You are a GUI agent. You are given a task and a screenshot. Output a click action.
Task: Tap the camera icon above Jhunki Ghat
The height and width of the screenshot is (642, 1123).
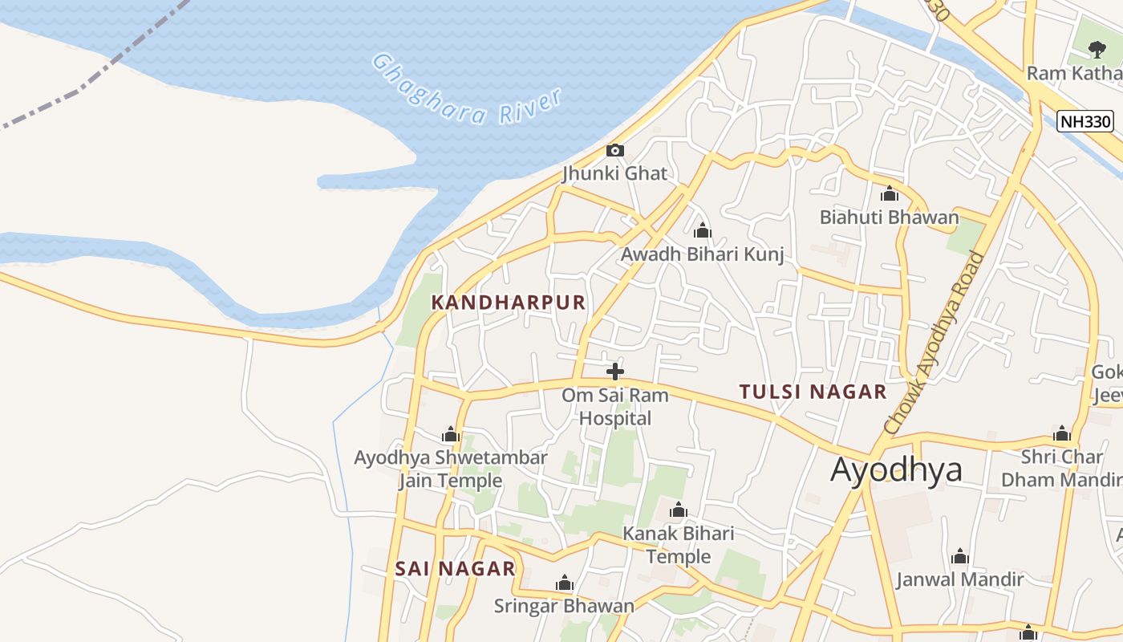pyautogui.click(x=615, y=150)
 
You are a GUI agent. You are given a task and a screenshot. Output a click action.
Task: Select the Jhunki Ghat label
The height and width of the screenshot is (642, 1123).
pyautogui.click(x=614, y=173)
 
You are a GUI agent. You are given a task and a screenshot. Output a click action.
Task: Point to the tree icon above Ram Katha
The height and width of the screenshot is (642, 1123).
pyautogui.click(x=1097, y=50)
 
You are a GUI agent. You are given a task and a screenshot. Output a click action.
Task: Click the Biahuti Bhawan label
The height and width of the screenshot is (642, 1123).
pyautogui.click(x=889, y=217)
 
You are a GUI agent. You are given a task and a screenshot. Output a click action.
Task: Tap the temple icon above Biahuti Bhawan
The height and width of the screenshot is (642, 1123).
pyautogui.click(x=889, y=194)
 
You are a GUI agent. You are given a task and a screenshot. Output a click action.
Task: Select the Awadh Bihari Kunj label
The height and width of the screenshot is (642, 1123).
pyautogui.click(x=702, y=254)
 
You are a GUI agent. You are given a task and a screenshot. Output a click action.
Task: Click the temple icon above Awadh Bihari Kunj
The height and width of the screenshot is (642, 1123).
pyautogui.click(x=703, y=232)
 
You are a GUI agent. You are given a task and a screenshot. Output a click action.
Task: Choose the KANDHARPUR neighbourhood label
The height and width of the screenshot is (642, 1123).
pyautogui.click(x=509, y=303)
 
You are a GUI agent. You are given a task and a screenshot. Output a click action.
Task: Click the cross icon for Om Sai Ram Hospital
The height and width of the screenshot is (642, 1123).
pyautogui.click(x=615, y=372)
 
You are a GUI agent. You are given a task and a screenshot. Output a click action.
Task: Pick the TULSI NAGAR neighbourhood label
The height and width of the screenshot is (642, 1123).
pyautogui.click(x=813, y=392)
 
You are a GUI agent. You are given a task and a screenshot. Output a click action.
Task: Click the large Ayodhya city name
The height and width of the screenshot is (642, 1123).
pyautogui.click(x=896, y=469)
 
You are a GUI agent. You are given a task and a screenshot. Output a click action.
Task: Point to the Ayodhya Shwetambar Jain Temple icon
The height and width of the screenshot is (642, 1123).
pyautogui.click(x=451, y=435)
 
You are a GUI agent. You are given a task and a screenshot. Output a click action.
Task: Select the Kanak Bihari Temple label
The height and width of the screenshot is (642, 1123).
pyautogui.click(x=679, y=545)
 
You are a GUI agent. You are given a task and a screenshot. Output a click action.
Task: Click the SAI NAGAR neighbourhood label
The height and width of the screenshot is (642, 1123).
pyautogui.click(x=455, y=569)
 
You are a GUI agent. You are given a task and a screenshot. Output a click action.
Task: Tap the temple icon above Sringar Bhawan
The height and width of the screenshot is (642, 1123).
pyautogui.click(x=565, y=583)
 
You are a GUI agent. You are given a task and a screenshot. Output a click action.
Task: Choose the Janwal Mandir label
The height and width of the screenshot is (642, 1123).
pyautogui.click(x=959, y=579)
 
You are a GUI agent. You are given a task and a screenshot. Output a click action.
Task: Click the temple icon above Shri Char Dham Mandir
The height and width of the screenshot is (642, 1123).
pyautogui.click(x=1062, y=434)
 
